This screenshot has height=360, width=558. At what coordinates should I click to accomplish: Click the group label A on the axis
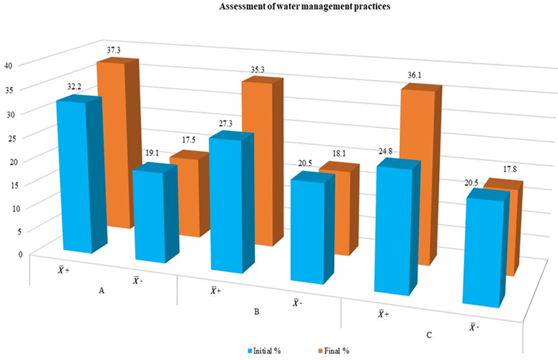point(101,291)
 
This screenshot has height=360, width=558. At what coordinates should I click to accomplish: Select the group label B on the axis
point(256,312)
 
